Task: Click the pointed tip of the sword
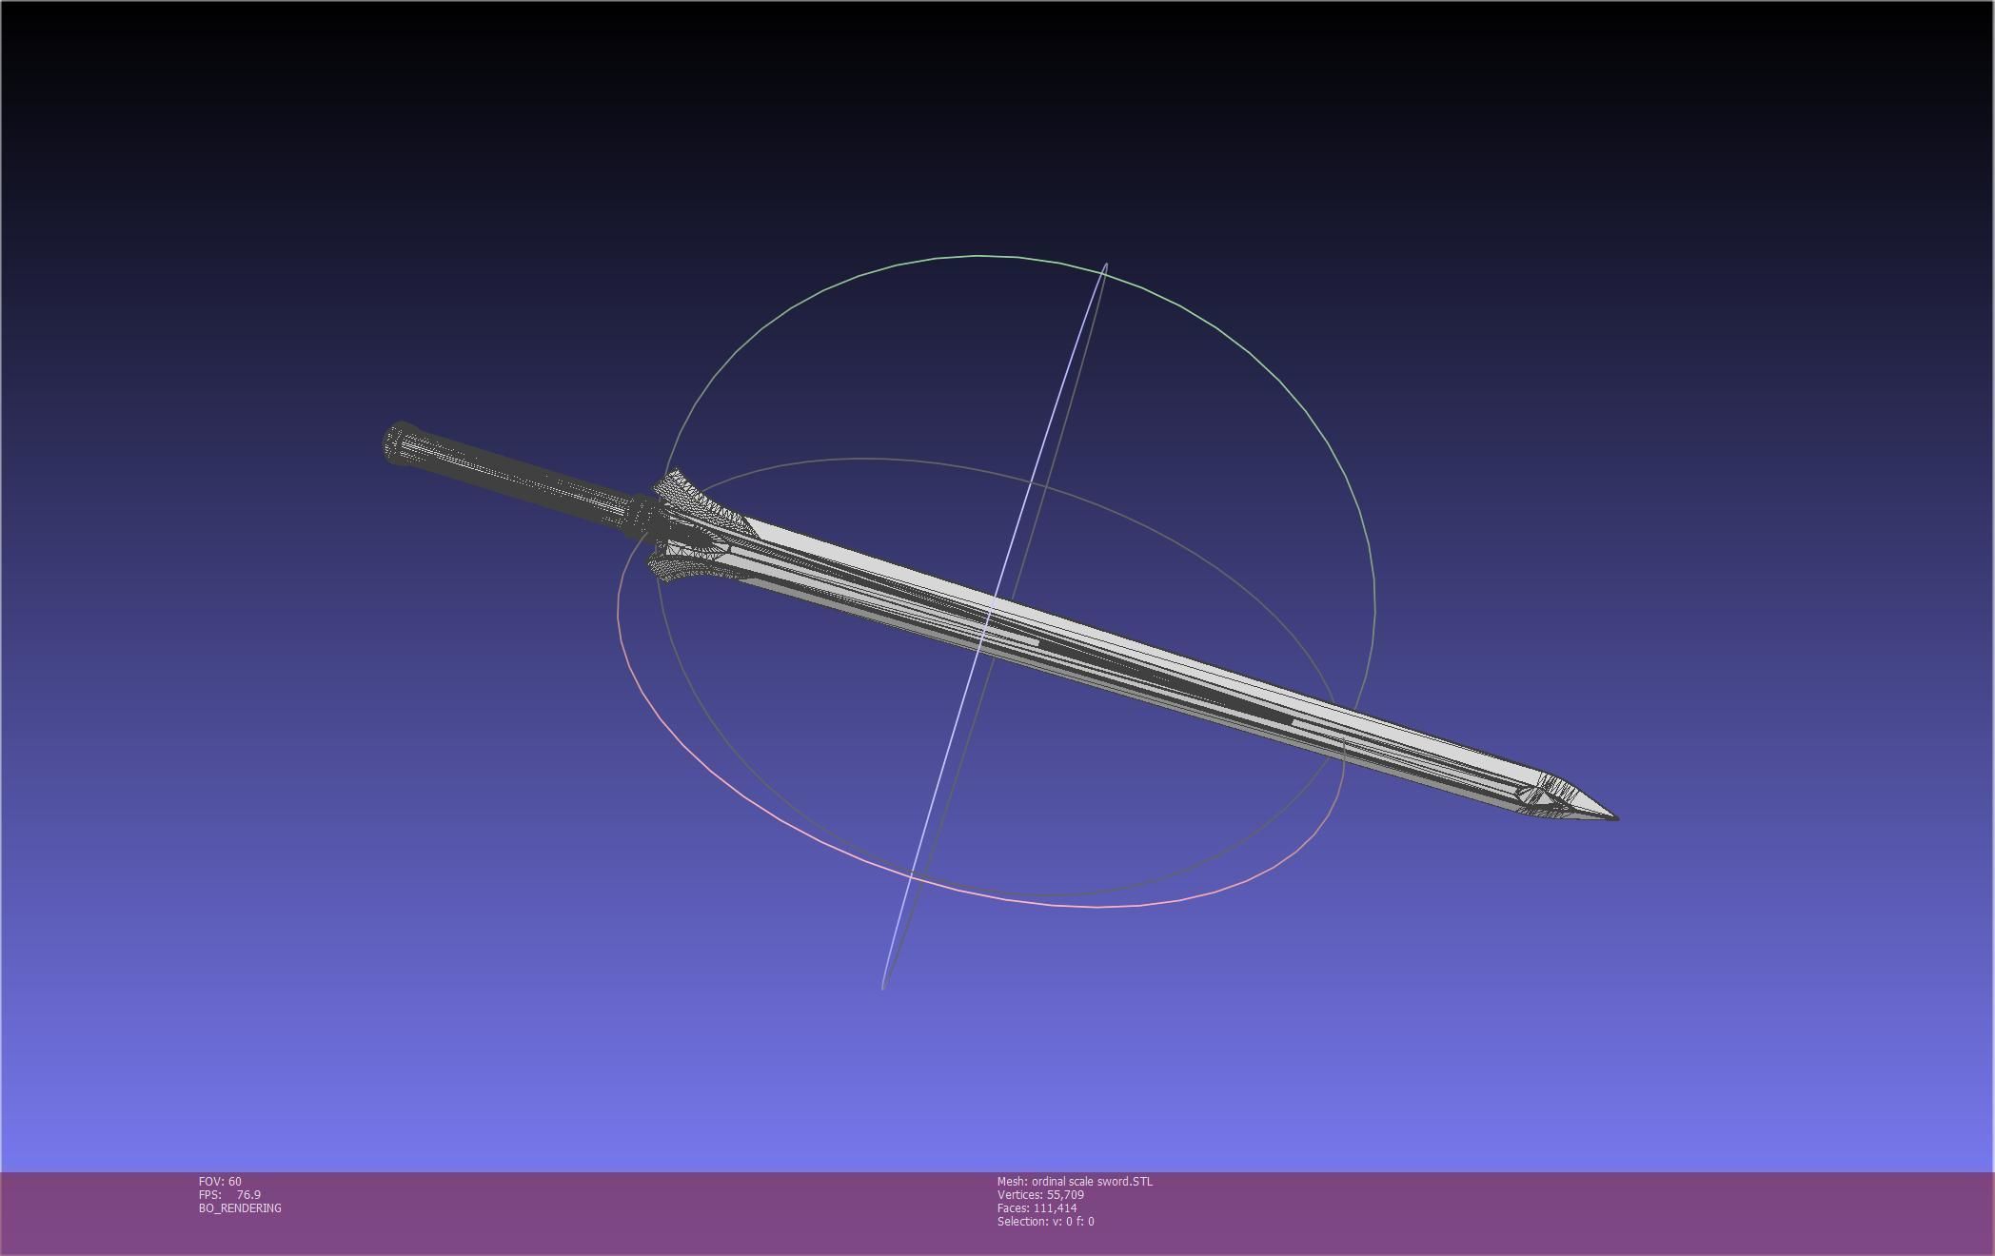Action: click(1615, 816)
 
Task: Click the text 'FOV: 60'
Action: click(220, 1182)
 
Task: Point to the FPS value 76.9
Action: click(248, 1195)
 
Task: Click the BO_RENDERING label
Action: click(240, 1208)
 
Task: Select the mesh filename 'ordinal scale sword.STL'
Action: click(1092, 1182)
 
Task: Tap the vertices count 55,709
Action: click(1065, 1195)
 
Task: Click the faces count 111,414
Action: click(1055, 1208)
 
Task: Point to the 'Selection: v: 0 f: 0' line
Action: click(1045, 1222)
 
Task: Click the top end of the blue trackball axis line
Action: click(1105, 265)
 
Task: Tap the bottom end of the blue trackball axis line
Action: click(883, 987)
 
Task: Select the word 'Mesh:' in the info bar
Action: click(1012, 1182)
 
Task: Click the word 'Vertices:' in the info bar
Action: click(1019, 1195)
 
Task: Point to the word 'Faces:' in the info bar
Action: click(1013, 1208)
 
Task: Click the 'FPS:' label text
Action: click(209, 1195)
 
